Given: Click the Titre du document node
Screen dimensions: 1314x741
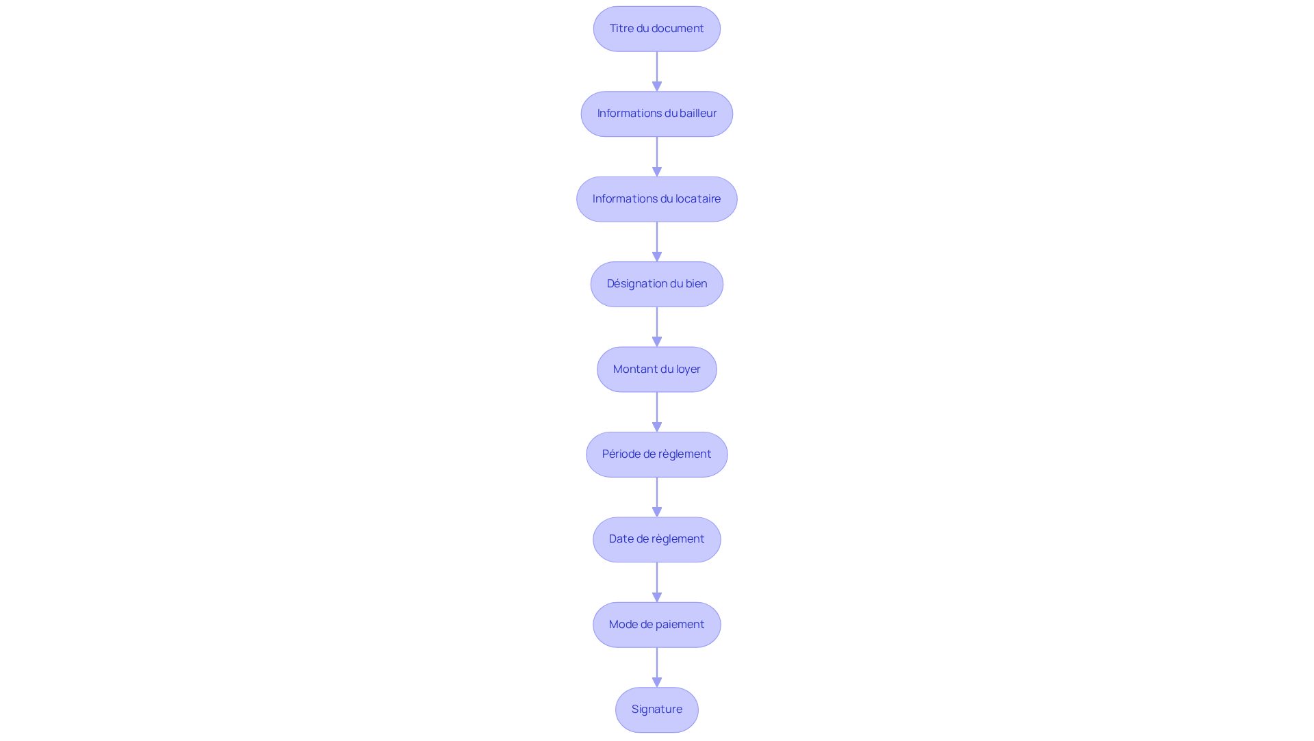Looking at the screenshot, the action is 656,29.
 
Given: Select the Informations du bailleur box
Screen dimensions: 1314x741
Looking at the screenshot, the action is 656,114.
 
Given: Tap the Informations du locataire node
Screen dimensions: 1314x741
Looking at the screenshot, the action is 656,199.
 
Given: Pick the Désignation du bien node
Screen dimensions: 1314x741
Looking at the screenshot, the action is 656,284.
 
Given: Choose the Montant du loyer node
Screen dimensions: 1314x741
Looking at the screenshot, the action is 656,369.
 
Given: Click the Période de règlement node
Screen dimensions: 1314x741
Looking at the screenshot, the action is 656,454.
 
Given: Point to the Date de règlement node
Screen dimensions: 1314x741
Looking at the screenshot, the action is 656,539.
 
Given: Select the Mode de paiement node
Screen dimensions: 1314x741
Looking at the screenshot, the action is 656,625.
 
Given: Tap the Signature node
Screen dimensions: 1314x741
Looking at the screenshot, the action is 656,710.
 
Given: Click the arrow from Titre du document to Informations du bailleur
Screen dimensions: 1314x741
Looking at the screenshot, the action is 657,71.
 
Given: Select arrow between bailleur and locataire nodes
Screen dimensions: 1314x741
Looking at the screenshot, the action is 657,156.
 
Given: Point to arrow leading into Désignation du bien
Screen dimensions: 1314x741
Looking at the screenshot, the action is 657,242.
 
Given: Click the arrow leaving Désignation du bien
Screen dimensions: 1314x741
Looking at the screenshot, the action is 657,326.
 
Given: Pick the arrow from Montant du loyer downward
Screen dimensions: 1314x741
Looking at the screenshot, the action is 657,411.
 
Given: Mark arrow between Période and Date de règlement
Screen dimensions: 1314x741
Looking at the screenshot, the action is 657,497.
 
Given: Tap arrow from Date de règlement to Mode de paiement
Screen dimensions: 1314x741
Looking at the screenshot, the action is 657,582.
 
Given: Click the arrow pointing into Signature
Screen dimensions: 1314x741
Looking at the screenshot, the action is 657,667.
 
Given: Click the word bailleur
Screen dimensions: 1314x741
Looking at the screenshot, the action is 698,114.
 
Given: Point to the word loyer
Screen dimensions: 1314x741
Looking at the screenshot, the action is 688,369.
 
